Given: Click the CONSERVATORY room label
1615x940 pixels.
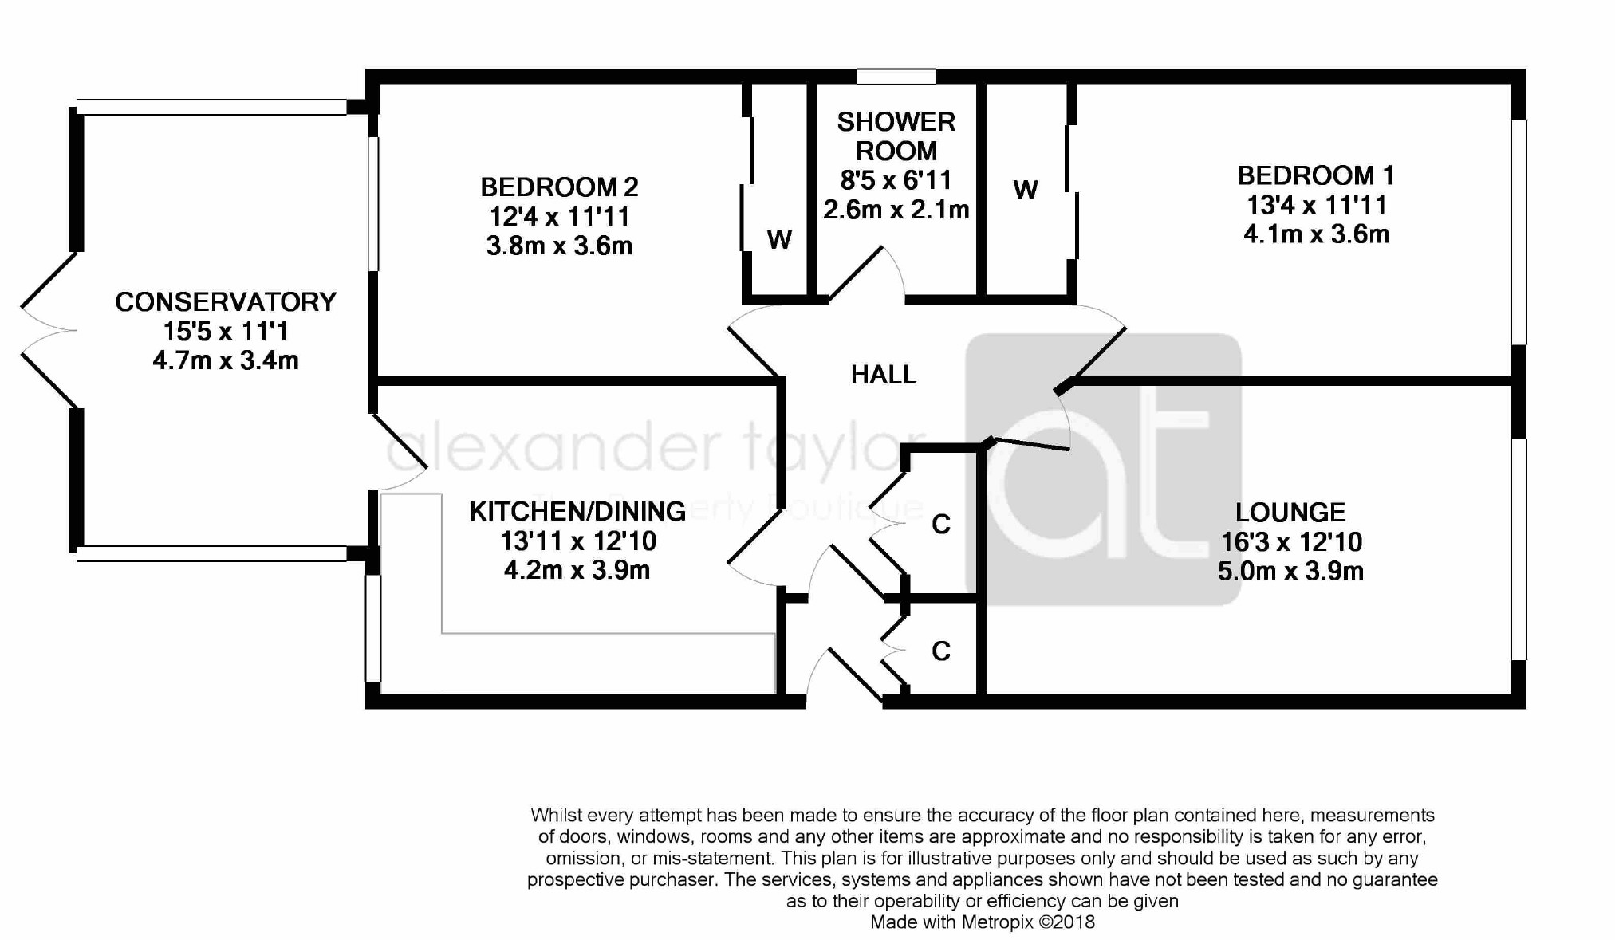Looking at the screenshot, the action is pyautogui.click(x=226, y=302).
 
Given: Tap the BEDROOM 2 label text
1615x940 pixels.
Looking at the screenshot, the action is pyautogui.click(x=559, y=187).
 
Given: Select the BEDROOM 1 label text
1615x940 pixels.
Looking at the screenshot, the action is pyautogui.click(x=1316, y=175).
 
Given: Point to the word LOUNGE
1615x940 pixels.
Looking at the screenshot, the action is pyautogui.click(x=1290, y=513).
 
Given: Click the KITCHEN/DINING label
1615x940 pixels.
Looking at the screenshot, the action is pyautogui.click(x=577, y=512).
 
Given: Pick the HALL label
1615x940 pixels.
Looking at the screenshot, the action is pyautogui.click(x=884, y=375).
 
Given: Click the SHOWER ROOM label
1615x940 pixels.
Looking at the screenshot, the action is pyautogui.click(x=896, y=136).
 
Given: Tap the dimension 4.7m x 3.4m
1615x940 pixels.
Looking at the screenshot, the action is pyautogui.click(x=226, y=360).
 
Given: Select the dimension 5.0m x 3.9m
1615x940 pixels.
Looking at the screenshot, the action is pyautogui.click(x=1290, y=572).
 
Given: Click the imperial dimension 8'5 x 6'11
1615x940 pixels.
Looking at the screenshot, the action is pyautogui.click(x=896, y=180).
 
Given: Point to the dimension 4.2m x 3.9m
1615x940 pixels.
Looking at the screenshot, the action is pyautogui.click(x=577, y=571).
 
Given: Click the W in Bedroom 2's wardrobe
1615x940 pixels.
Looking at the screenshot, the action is pyautogui.click(x=779, y=239).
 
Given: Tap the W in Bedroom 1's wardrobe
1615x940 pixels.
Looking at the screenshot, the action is pyautogui.click(x=1026, y=190).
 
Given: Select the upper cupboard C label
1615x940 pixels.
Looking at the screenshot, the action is pyautogui.click(x=941, y=525).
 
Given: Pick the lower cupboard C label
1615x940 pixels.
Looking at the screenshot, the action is pyautogui.click(x=941, y=651).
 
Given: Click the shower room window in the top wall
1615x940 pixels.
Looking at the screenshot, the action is pyautogui.click(x=896, y=77).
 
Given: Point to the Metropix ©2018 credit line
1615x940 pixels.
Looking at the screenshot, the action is pyautogui.click(x=983, y=922).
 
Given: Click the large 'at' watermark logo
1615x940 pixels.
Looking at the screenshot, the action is pyautogui.click(x=1103, y=470).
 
